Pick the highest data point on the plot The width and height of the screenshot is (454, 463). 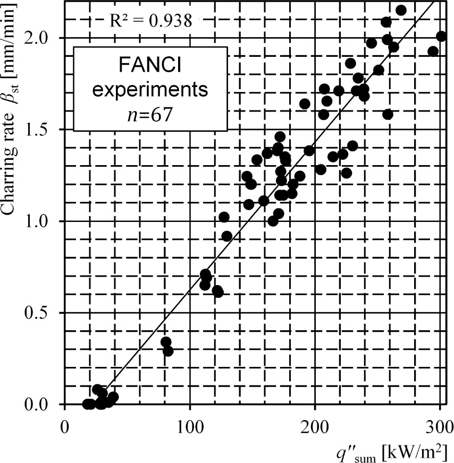point(401,10)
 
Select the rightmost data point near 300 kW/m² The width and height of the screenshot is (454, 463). point(441,36)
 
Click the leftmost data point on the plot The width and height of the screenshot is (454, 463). point(87,405)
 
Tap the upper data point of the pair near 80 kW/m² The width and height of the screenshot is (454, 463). point(166,342)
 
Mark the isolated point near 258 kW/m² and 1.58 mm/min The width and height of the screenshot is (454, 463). point(388,114)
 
